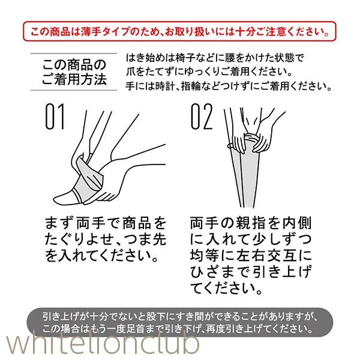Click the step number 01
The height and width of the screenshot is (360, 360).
click(x=55, y=116)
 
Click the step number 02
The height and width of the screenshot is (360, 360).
click(x=202, y=116)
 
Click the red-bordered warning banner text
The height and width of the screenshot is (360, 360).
click(x=179, y=31)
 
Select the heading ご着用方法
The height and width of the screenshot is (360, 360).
click(x=74, y=79)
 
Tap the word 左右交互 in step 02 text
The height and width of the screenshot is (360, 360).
click(x=266, y=256)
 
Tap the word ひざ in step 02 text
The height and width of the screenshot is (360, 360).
click(x=206, y=272)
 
